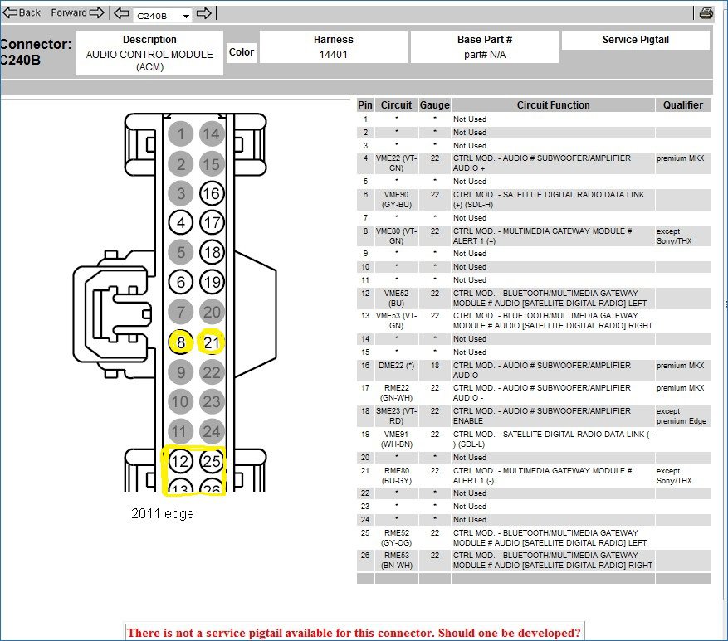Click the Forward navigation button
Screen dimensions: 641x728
77,12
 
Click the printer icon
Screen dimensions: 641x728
706,12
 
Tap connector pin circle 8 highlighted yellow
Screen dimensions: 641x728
180,342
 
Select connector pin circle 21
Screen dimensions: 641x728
213,342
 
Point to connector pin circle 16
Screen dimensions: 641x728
213,194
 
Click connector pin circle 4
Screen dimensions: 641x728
180,223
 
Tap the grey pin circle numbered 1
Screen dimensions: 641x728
180,134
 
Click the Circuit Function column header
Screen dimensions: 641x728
553,105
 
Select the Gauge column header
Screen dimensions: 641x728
434,105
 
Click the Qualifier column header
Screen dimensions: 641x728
682,105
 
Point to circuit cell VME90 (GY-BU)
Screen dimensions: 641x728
396,199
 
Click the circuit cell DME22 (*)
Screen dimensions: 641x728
396,366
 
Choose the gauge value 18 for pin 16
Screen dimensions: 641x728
434,366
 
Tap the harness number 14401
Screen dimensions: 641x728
333,55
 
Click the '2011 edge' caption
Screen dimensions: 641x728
163,513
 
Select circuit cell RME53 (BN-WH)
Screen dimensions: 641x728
396,561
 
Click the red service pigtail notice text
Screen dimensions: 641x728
354,633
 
